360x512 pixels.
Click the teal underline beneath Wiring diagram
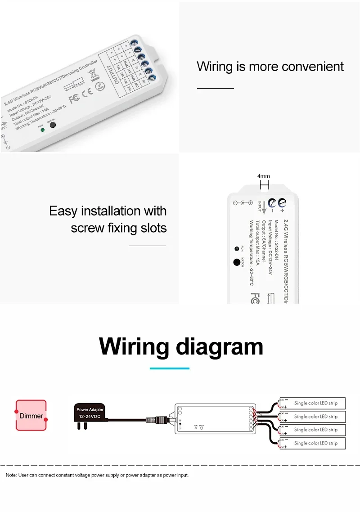(169, 368)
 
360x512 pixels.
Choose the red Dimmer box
(31, 415)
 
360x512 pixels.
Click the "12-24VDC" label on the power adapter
(90, 417)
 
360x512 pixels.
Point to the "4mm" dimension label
(264, 176)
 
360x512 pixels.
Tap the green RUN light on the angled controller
(42, 130)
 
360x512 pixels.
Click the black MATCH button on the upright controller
(236, 263)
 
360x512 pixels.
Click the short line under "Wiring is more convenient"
(216, 89)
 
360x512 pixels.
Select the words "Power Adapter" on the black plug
(90, 410)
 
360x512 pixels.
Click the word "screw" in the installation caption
(87, 228)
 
